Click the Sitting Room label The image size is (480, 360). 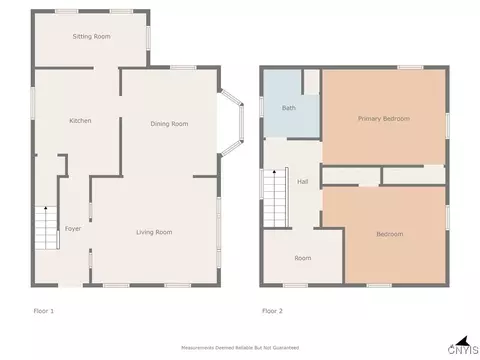pyautogui.click(x=91, y=36)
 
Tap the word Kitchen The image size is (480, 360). pyautogui.click(x=80, y=121)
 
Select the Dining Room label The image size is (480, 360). pyautogui.click(x=169, y=124)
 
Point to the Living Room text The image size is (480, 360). pyautogui.click(x=154, y=232)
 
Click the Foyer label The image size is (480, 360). pyautogui.click(x=73, y=229)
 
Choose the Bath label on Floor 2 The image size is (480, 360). pyautogui.click(x=289, y=108)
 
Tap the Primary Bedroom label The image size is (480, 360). pyautogui.click(x=384, y=119)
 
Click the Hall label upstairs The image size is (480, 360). pyautogui.click(x=303, y=182)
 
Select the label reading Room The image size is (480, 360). pyautogui.click(x=303, y=258)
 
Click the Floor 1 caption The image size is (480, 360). pyautogui.click(x=44, y=311)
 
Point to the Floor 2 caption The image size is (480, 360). pyautogui.click(x=272, y=311)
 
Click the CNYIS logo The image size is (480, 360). pyautogui.click(x=463, y=347)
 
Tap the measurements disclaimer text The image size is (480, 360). pyautogui.click(x=240, y=348)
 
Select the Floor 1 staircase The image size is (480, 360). pyautogui.click(x=47, y=228)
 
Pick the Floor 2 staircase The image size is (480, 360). pyautogui.click(x=276, y=198)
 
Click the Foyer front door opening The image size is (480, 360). pyautogui.click(x=70, y=285)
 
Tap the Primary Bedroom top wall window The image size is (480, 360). pyautogui.click(x=410, y=68)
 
